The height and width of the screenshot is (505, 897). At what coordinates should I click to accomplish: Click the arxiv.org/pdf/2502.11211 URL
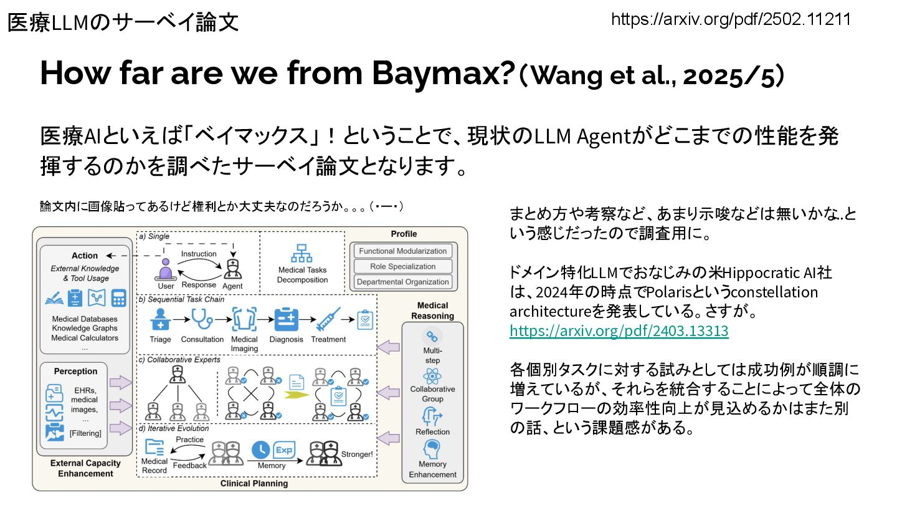coord(731,19)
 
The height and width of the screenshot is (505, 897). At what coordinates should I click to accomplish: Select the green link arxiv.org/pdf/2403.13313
coord(619,331)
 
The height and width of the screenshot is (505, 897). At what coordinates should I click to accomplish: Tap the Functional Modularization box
coord(403,251)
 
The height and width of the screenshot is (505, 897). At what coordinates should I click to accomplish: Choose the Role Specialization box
coord(403,266)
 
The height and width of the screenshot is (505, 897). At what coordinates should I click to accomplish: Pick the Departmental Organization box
coord(403,282)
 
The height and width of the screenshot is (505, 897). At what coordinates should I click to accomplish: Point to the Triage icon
coord(161,320)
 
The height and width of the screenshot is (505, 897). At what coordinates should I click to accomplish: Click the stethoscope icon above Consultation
coord(202,320)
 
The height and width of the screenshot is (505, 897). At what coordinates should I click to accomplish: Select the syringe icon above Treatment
coord(328,320)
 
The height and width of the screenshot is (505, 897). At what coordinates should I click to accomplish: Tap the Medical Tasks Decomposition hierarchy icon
coord(302,252)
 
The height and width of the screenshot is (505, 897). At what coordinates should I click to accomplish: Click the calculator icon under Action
coord(118,298)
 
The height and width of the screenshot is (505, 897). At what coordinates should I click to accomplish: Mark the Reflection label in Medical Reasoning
coord(432,432)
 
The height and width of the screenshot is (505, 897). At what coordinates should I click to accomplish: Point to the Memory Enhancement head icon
coord(432,449)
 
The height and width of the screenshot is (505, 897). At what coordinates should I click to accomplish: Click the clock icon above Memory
coord(260,450)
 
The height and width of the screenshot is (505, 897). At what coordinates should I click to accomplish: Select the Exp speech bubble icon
coord(283,450)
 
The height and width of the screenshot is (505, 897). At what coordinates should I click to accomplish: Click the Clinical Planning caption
coord(254,484)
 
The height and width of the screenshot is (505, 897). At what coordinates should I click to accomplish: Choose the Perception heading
coord(76,371)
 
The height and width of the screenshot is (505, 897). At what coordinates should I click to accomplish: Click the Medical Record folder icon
coord(154,447)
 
